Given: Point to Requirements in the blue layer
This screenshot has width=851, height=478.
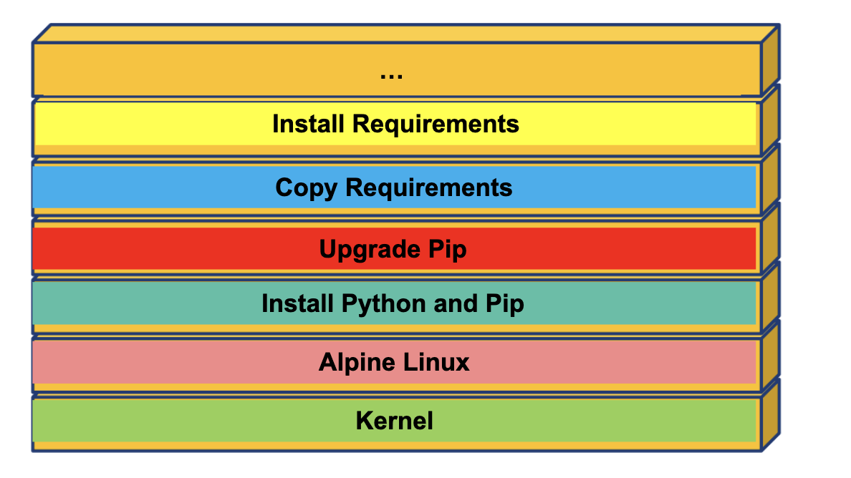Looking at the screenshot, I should click(x=429, y=187).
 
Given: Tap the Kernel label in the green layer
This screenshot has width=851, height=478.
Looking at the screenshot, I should click(x=395, y=421).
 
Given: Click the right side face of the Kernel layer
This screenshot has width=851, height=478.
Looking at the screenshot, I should click(x=770, y=415).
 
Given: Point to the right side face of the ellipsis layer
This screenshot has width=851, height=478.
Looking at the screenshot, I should click(x=770, y=61).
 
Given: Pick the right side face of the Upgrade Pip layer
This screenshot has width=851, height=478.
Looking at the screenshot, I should click(x=770, y=238).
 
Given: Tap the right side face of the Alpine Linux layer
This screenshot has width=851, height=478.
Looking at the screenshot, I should click(x=770, y=356).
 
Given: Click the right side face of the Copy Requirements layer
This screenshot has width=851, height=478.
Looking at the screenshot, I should click(x=770, y=179).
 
